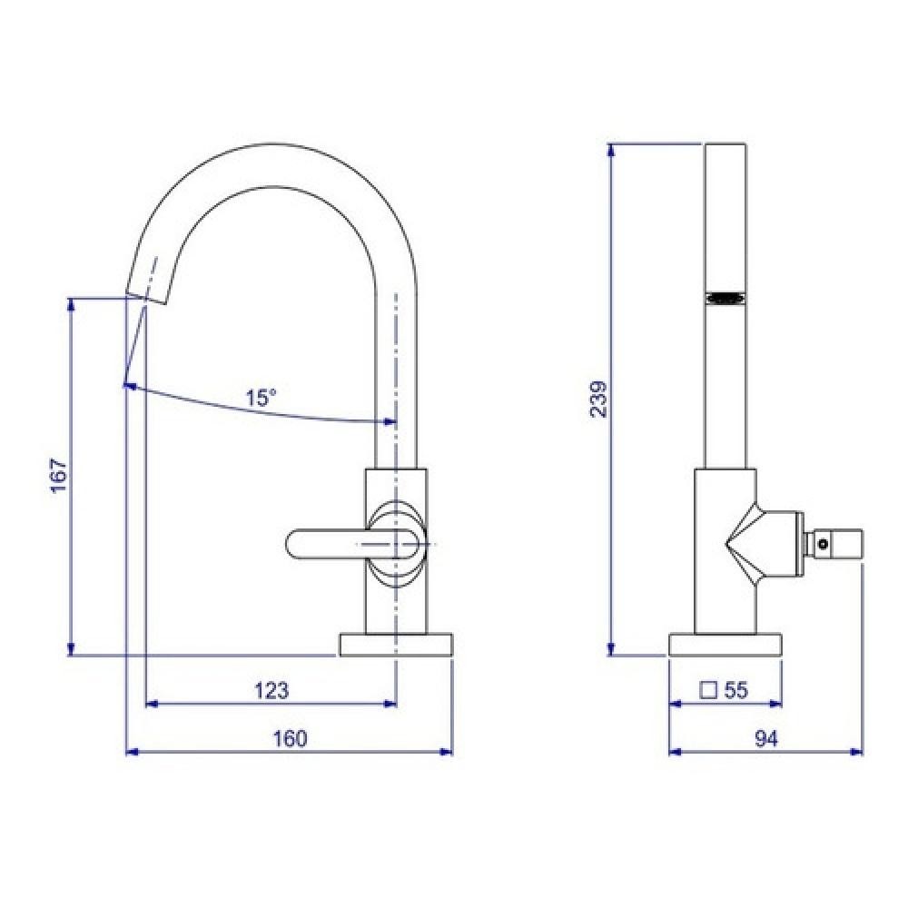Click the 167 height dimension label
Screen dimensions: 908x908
pos(60,476)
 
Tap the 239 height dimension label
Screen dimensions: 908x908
pos(598,399)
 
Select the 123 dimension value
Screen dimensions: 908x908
pos(271,690)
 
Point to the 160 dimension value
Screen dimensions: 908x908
pos(290,738)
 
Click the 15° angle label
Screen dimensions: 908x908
pos(262,398)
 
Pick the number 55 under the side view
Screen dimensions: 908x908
pos(736,690)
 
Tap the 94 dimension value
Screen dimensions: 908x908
pos(766,738)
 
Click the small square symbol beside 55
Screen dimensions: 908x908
pos(709,690)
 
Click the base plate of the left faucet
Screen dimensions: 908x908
pos(396,645)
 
